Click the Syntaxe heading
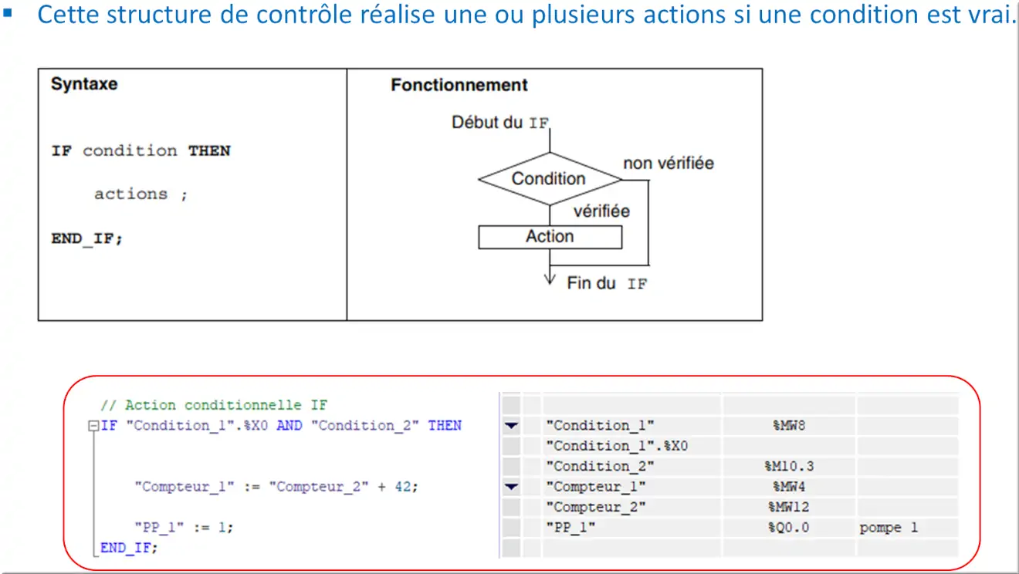pyautogui.click(x=84, y=84)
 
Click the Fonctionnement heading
pyautogui.click(x=459, y=85)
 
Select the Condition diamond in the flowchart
pyautogui.click(x=550, y=179)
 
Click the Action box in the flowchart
pyautogui.click(x=550, y=237)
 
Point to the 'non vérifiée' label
pyautogui.click(x=669, y=163)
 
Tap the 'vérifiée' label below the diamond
pyautogui.click(x=601, y=211)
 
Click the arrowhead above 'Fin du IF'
pyautogui.click(x=550, y=279)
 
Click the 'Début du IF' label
pyautogui.click(x=500, y=122)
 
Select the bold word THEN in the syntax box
pyautogui.click(x=209, y=151)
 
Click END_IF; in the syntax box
pyautogui.click(x=87, y=238)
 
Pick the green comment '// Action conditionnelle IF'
pyautogui.click(x=214, y=404)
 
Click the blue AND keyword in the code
pyautogui.click(x=289, y=425)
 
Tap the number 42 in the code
pyautogui.click(x=403, y=487)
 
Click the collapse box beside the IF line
pyautogui.click(x=93, y=426)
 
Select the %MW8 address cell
pyautogui.click(x=789, y=425)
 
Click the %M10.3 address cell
pyautogui.click(x=789, y=466)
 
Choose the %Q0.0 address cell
pyautogui.click(x=789, y=528)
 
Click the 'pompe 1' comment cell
pyautogui.click(x=888, y=528)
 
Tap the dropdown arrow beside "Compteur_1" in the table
pyautogui.click(x=511, y=487)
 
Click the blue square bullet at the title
pyautogui.click(x=7, y=13)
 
